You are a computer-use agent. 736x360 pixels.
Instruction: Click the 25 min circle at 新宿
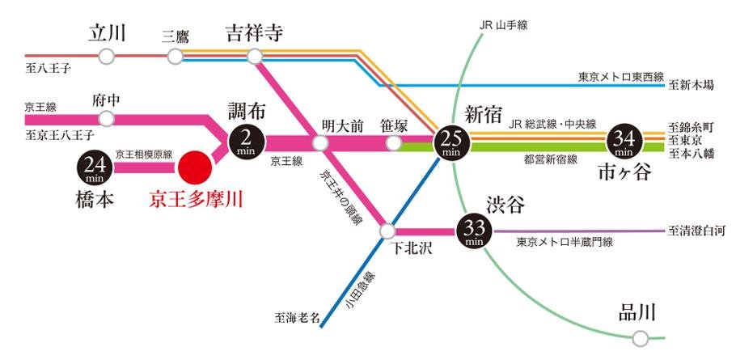tap(451, 143)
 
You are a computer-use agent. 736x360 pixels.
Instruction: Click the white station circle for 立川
tap(106, 57)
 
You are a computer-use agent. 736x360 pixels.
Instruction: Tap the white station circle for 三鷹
tap(176, 57)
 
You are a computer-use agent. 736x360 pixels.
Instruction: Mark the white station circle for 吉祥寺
tap(255, 57)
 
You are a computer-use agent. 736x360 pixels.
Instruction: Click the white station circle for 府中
tap(106, 119)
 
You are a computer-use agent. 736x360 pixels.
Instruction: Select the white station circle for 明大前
tap(321, 143)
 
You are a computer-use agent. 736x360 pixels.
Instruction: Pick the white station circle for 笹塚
tap(393, 143)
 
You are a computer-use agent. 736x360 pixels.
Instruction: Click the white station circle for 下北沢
tap(387, 231)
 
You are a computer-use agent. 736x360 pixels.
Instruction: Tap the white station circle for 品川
tap(641, 337)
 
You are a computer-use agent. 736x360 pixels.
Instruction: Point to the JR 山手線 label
tap(503, 26)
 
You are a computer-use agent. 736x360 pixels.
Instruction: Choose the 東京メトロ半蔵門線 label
tap(565, 242)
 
